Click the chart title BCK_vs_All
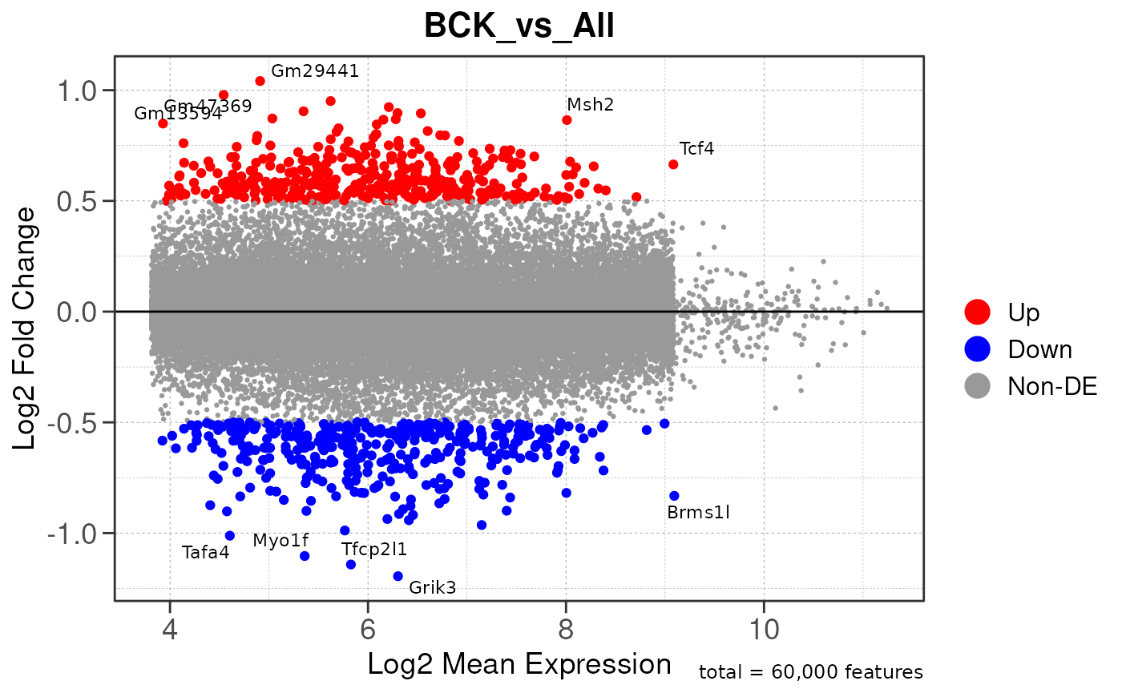(x=519, y=26)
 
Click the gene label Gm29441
(x=314, y=71)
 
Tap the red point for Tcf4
(x=673, y=164)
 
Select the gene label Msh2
(x=590, y=104)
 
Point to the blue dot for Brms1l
(x=674, y=496)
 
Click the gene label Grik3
(x=432, y=587)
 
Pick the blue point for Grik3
(x=398, y=576)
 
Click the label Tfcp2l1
(x=374, y=550)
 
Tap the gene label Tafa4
(x=205, y=552)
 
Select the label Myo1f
(x=280, y=540)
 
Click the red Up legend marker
(x=978, y=311)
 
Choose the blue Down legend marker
(x=978, y=349)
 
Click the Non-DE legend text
(x=1051, y=386)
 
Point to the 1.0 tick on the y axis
(x=75, y=90)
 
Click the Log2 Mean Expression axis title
(x=519, y=664)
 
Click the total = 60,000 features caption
(x=810, y=672)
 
